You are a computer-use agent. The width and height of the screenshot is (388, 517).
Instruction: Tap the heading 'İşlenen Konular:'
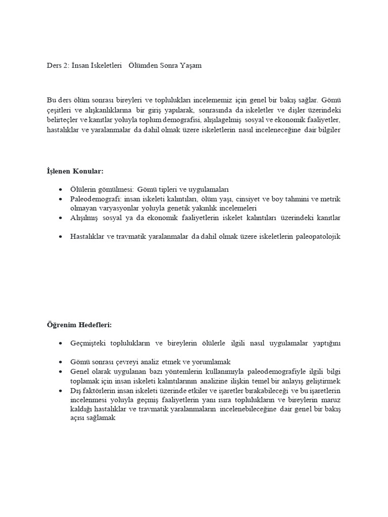(75, 171)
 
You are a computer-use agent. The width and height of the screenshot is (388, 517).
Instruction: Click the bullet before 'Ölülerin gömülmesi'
(61, 190)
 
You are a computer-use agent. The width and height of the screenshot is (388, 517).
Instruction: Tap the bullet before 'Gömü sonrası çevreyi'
(61, 362)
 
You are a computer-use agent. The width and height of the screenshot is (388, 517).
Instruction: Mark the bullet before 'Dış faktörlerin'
(61, 391)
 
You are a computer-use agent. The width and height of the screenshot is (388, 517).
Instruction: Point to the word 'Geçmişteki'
(88, 343)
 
